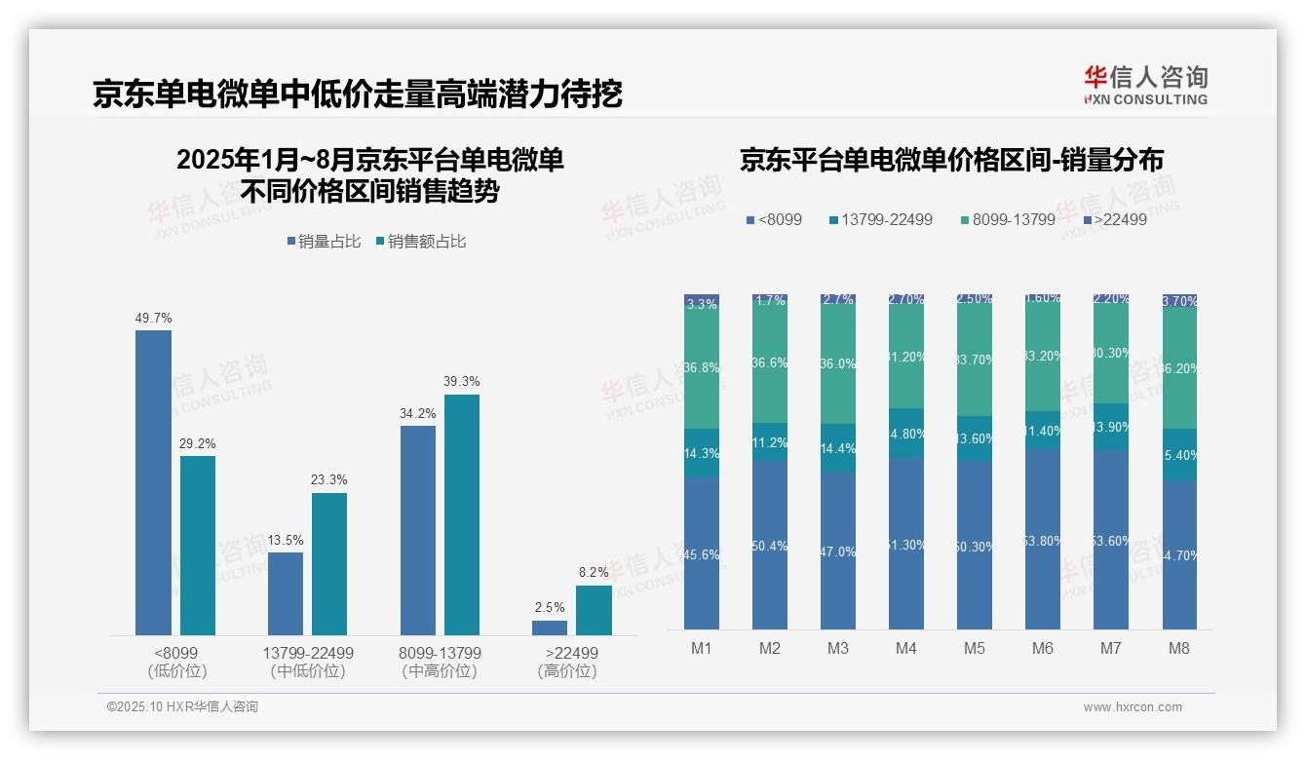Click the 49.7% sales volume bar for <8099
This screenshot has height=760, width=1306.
(153, 482)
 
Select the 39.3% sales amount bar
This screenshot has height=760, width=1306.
(462, 514)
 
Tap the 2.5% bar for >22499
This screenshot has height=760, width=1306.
(550, 627)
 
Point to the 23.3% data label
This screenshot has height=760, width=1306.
(329, 479)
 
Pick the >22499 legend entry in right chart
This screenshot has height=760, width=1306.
(1115, 220)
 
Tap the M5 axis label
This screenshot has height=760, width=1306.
(974, 648)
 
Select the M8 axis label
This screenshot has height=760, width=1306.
(1178, 648)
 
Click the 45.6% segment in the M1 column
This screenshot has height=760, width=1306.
(702, 553)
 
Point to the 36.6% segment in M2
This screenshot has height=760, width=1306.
(770, 362)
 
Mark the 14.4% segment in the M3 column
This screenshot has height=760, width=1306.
(838, 448)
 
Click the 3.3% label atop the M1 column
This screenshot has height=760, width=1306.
(702, 304)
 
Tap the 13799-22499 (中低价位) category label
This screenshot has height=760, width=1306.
(308, 662)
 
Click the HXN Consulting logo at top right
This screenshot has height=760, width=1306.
(1145, 86)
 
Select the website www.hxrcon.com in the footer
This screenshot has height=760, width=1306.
(1132, 707)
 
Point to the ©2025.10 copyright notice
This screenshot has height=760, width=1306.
(182, 707)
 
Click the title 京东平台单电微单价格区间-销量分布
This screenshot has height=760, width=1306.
(951, 160)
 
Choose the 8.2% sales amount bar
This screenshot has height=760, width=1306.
(594, 610)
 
